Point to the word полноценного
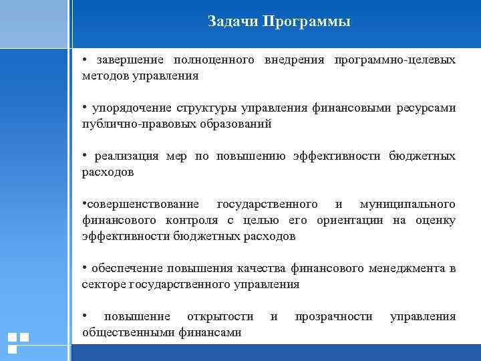click(x=215, y=61)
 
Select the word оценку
click(x=436, y=220)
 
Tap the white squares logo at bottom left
click(x=18, y=342)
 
